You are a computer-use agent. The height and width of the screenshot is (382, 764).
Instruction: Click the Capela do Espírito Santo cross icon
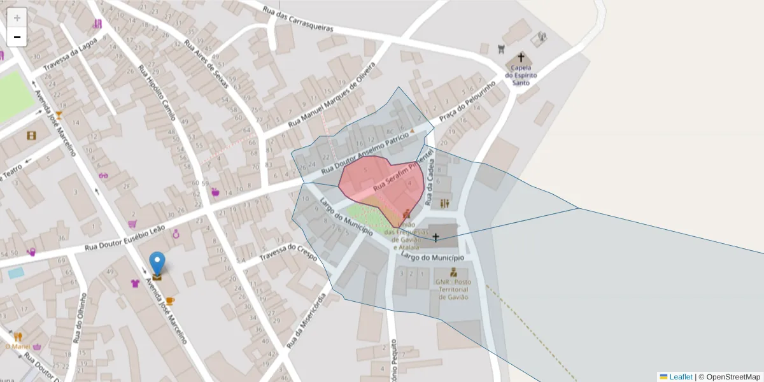click(521, 57)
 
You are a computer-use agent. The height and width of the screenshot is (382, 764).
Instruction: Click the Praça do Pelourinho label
click(467, 102)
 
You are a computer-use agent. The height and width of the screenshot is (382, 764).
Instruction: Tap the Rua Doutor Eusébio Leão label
click(125, 237)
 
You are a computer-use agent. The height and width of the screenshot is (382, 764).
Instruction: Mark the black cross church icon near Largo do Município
click(435, 238)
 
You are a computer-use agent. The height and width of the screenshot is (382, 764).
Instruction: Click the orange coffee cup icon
click(170, 301)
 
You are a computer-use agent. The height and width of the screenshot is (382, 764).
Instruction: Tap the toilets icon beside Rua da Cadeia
click(444, 203)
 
